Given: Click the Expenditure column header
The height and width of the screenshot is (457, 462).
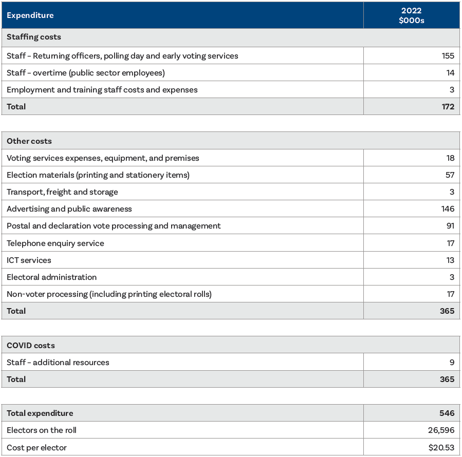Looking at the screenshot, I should click(30, 15).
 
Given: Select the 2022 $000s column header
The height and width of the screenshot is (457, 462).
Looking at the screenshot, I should click(411, 15).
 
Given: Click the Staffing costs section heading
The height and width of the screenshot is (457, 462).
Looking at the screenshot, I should click(34, 37).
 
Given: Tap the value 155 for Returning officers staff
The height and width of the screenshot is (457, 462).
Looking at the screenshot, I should click(448, 56).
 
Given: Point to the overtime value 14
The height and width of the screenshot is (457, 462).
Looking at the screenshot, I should click(450, 73).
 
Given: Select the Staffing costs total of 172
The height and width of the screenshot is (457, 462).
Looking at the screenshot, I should click(448, 107).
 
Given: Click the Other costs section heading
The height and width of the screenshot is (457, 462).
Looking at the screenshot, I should click(29, 141).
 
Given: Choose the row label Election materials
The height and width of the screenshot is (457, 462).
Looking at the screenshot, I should click(98, 175).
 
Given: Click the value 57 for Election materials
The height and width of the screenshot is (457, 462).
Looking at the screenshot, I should click(450, 175).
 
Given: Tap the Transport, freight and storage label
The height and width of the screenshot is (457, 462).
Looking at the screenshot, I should click(62, 192).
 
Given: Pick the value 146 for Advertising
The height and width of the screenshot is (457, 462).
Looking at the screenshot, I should click(448, 209).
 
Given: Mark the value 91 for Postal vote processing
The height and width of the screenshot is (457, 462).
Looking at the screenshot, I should click(450, 226).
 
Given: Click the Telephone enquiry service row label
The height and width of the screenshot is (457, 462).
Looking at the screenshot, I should click(56, 243).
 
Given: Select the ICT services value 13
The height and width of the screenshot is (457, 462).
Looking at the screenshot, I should click(450, 260).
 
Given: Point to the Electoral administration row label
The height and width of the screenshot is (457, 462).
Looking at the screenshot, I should click(51, 277).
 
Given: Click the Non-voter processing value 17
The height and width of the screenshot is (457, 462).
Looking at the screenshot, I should click(450, 294).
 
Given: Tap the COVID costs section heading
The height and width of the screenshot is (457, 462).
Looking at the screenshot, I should click(31, 346).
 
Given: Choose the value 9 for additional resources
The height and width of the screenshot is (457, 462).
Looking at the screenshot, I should click(452, 363).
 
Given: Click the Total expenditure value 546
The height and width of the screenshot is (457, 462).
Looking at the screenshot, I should click(447, 413).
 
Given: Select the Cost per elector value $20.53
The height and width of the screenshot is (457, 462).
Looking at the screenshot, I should click(441, 448).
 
